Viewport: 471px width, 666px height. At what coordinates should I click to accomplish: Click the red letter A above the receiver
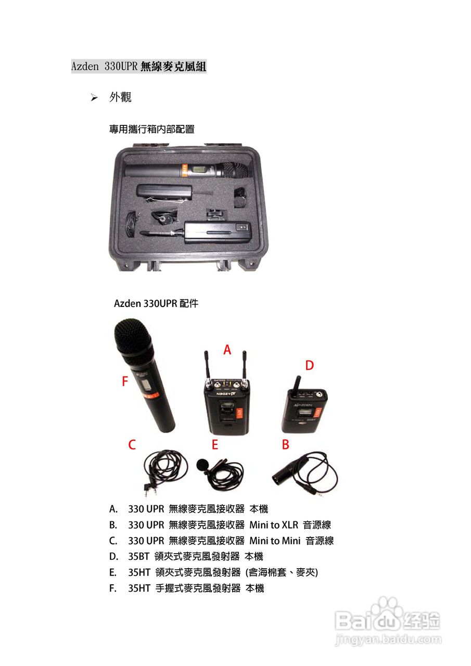[x=227, y=350]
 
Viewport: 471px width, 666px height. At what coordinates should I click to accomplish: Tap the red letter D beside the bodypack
[x=310, y=366]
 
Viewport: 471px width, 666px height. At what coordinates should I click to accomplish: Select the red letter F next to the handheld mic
[x=124, y=382]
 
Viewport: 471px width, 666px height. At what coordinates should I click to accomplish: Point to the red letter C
[x=132, y=445]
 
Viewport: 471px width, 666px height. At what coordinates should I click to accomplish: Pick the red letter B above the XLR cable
[x=285, y=445]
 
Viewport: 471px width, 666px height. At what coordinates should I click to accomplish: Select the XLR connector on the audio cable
[x=284, y=475]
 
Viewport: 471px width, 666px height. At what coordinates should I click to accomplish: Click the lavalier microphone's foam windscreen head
[x=201, y=465]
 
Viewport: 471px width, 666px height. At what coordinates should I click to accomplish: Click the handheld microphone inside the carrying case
[x=187, y=170]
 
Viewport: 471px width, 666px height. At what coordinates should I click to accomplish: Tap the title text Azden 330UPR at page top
[x=104, y=67]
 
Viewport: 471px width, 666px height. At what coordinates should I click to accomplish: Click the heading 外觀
[x=120, y=97]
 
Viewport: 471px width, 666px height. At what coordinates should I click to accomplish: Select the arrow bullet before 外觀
[x=94, y=98]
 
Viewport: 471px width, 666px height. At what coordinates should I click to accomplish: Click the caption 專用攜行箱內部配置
[x=151, y=129]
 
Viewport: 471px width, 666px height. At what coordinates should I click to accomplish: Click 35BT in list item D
[x=139, y=557]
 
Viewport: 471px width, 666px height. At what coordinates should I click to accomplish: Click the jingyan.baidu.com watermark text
[x=388, y=639]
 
